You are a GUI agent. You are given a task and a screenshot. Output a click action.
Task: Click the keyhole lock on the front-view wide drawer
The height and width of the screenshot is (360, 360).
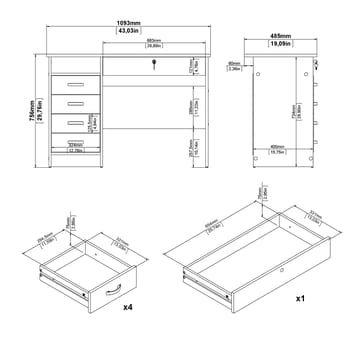(x=154, y=65)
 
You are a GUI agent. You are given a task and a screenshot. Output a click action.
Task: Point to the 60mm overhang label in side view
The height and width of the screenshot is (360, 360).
(x=259, y=67)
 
